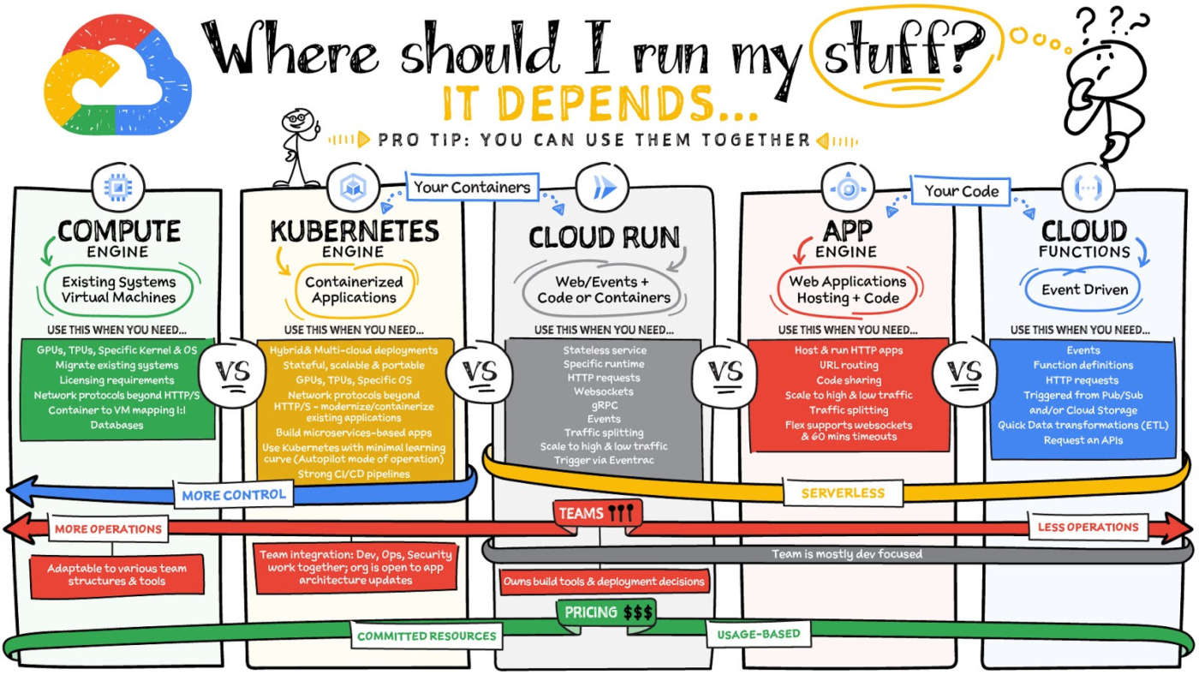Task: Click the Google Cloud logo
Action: pos(118,75)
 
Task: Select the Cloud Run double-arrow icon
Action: pos(602,188)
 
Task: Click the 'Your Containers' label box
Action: pos(472,187)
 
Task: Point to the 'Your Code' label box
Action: pos(961,191)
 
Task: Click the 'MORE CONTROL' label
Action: pos(234,494)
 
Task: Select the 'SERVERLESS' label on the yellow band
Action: pos(843,493)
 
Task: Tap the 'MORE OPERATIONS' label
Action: pos(108,529)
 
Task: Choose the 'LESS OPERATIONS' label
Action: pos(1089,528)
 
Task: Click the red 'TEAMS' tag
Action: pos(597,513)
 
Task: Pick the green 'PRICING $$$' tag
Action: pos(607,612)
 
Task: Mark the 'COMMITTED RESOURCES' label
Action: pos(427,636)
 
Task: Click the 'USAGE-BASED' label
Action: pos(759,635)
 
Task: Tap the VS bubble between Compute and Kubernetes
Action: pos(232,373)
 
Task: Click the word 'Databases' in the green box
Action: pos(116,425)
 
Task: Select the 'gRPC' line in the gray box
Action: pos(605,405)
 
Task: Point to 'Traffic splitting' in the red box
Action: pos(849,410)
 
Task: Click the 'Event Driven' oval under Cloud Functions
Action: pos(1084,290)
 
